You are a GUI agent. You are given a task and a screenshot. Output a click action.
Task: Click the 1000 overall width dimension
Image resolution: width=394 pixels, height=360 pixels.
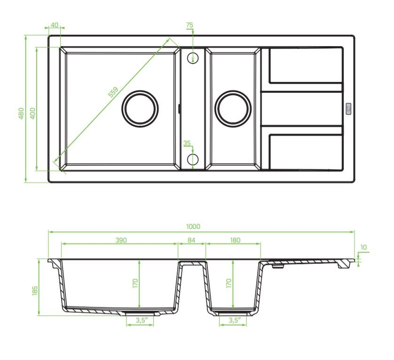193,226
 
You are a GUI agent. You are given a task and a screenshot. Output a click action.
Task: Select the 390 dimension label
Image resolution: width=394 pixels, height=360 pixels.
121,240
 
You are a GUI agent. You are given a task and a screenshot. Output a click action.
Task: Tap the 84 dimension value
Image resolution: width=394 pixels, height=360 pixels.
191,240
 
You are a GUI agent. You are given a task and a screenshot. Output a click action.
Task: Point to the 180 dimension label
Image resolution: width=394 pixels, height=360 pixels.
235,240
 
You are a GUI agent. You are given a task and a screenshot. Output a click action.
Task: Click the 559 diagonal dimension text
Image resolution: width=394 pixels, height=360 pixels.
113,92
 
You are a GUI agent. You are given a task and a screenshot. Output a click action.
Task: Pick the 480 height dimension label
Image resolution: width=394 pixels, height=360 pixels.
21,113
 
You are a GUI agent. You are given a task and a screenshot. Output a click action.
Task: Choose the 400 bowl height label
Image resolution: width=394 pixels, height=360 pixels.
32,113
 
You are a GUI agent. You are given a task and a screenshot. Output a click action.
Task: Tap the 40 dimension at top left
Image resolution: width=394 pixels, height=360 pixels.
54,25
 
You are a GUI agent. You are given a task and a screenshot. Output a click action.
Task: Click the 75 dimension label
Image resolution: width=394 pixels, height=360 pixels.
189,25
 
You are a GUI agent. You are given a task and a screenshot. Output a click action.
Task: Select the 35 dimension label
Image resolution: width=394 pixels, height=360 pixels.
187,143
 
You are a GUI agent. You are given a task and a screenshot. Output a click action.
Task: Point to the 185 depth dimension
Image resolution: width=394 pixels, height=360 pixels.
35,290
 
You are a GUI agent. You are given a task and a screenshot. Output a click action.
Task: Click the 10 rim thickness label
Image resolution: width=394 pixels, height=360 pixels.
363,248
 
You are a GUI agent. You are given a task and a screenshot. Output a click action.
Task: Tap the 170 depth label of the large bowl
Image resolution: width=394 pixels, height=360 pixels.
135,283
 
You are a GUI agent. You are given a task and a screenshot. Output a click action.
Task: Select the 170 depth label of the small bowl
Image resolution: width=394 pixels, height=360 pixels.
229,283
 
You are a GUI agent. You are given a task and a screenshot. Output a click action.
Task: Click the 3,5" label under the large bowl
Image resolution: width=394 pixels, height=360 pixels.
142,320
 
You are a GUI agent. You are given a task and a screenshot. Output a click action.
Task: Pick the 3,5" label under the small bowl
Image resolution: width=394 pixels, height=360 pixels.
235,320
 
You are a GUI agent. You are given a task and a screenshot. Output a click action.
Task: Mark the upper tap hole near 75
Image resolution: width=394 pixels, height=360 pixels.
193,58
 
